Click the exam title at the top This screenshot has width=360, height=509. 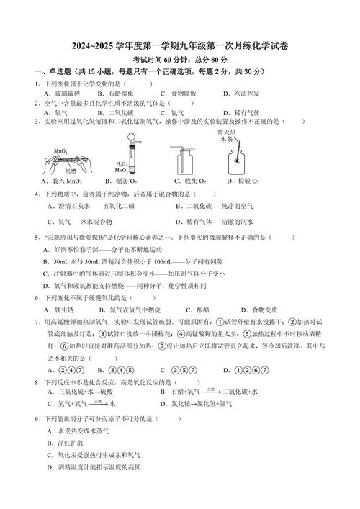(x=180, y=45)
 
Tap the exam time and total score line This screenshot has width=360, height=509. (x=180, y=59)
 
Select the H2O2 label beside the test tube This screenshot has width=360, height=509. (x=121, y=164)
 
